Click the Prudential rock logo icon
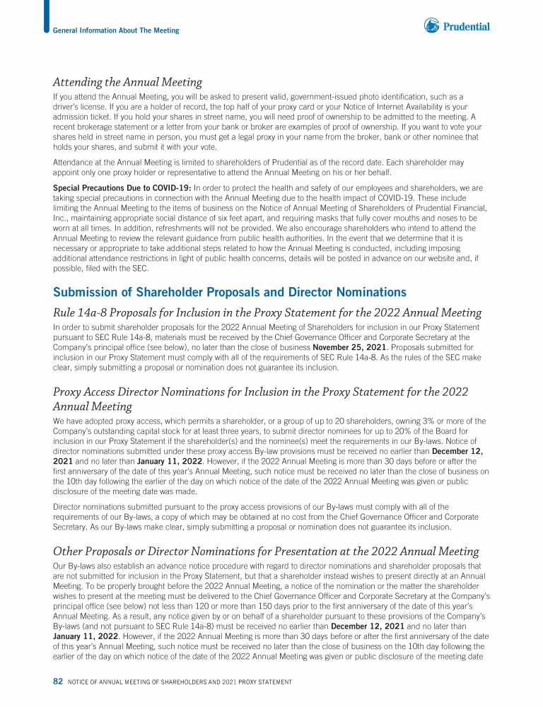[431, 26]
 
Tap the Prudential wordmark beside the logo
[466, 27]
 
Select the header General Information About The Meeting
[116, 30]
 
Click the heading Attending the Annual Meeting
[128, 82]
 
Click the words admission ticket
[80, 115]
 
